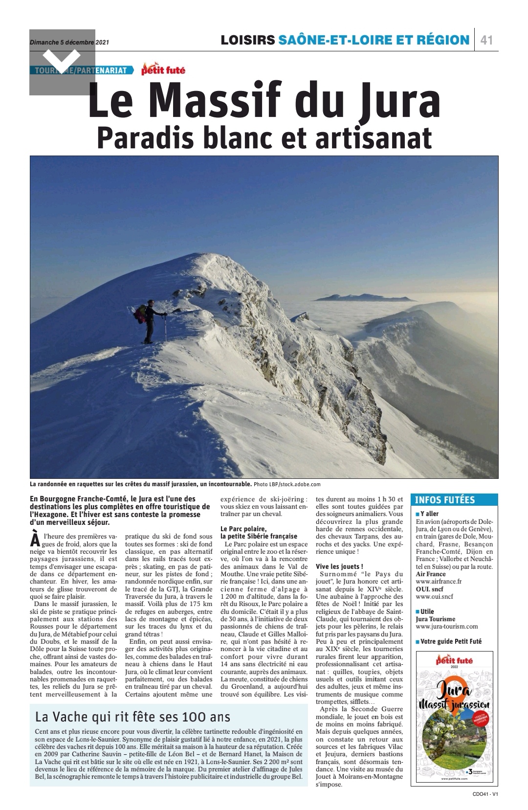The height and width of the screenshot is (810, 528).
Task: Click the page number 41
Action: point(486,40)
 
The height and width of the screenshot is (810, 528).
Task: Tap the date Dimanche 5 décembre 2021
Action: point(69,42)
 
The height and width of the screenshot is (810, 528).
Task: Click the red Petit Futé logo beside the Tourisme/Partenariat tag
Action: point(163,70)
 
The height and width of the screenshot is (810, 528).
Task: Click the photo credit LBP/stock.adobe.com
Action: point(287,484)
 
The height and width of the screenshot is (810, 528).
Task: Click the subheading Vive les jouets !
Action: point(339,566)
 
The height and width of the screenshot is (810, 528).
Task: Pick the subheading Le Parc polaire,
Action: point(243,529)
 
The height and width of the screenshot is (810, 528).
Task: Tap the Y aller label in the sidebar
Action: point(429,514)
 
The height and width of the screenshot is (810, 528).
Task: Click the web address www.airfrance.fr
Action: point(438,582)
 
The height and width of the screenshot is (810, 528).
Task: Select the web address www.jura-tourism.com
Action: point(446,626)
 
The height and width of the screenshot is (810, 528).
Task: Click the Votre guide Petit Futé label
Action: point(450,641)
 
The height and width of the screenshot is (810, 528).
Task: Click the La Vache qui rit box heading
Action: point(132,717)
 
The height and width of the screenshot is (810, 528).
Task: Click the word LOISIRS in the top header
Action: point(247,40)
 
